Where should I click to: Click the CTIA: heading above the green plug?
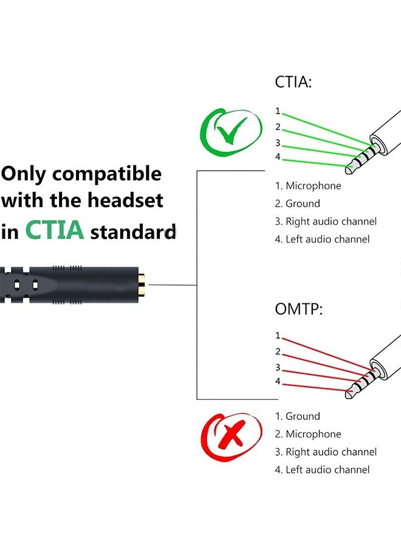pyautogui.click(x=293, y=82)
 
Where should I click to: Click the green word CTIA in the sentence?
pyautogui.click(x=55, y=230)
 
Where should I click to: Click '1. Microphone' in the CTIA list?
pyautogui.click(x=308, y=186)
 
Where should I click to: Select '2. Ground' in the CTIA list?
pyautogui.click(x=297, y=204)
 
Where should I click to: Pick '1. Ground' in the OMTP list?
pyautogui.click(x=297, y=416)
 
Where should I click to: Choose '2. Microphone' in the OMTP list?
pyautogui.click(x=308, y=434)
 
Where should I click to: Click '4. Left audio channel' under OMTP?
pyautogui.click(x=322, y=469)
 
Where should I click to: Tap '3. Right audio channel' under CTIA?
pyautogui.click(x=326, y=221)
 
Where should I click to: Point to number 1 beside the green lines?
pyautogui.click(x=278, y=111)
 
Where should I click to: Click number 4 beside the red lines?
pyautogui.click(x=278, y=381)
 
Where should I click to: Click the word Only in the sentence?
pyautogui.click(x=24, y=174)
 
